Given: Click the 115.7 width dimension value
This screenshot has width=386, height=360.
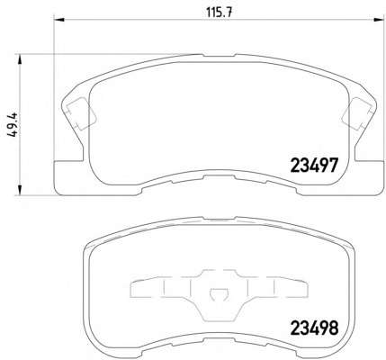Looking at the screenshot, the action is pyautogui.click(x=220, y=13).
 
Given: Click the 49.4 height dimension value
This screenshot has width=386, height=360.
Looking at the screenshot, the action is pyautogui.click(x=13, y=125).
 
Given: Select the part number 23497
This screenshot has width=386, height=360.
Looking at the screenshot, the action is pyautogui.click(x=314, y=166).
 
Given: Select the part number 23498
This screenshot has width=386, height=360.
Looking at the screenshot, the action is pyautogui.click(x=314, y=328).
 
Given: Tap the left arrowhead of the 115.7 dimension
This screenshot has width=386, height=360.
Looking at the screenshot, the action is pyautogui.click(x=59, y=20).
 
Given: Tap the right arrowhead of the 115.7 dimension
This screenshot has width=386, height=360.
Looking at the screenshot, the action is pyautogui.click(x=379, y=20).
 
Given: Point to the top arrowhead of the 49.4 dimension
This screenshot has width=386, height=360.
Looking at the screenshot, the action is pyautogui.click(x=20, y=59).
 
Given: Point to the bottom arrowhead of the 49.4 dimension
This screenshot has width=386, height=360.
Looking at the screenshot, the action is pyautogui.click(x=20, y=190).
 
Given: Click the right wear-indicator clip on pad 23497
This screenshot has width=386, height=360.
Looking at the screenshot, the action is pyautogui.click(x=358, y=114).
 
